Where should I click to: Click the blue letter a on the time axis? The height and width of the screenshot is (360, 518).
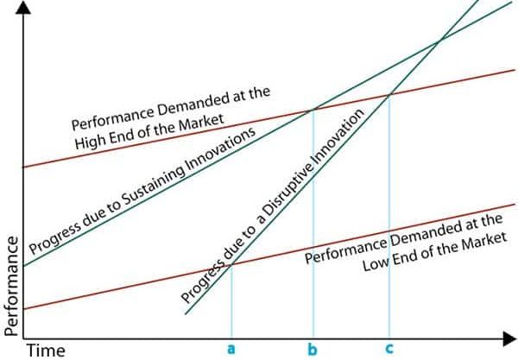(x=231, y=349)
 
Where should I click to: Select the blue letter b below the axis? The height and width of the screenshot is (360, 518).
(x=313, y=349)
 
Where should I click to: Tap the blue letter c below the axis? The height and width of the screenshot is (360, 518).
(x=389, y=349)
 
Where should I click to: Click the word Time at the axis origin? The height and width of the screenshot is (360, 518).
(x=46, y=351)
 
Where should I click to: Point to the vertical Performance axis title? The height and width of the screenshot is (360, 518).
(x=11, y=286)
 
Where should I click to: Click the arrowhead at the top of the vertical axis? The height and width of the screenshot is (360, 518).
(x=23, y=7)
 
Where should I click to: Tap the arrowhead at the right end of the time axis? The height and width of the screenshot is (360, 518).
(x=509, y=339)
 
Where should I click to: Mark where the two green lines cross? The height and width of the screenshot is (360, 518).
(x=439, y=41)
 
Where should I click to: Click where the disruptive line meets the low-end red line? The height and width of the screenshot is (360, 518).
(x=231, y=264)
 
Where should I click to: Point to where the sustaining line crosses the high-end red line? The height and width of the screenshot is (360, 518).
(x=313, y=110)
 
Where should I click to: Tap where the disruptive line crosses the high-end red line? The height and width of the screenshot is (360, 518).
(x=390, y=95)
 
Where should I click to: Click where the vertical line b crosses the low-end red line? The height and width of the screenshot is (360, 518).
(x=313, y=246)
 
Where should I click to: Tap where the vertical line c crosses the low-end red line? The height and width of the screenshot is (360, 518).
(x=389, y=231)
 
